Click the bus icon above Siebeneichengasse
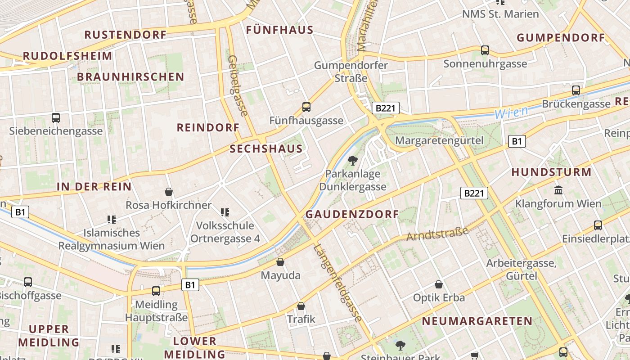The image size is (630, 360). point(56,118)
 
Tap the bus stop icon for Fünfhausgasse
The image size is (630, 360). point(306,107)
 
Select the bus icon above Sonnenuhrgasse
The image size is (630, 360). point(485,50)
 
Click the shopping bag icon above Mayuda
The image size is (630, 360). point(280,261)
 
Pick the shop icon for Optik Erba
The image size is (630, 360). point(439,284)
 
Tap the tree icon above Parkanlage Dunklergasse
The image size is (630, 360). point(353,160)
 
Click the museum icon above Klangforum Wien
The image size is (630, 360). point(559,190)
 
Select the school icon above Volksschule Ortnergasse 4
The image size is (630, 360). point(225,212)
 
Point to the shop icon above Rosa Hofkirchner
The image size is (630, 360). point(169,192)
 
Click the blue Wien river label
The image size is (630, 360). point(511,112)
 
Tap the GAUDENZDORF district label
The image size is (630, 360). point(352,215)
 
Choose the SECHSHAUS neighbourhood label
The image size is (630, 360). point(266,149)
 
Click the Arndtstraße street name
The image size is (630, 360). point(437,234)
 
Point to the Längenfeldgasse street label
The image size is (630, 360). point(338,283)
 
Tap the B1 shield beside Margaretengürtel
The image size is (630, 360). point(517,141)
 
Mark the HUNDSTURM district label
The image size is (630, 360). point(551,172)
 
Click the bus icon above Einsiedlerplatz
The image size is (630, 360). point(598,225)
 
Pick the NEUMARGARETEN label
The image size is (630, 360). point(477,321)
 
